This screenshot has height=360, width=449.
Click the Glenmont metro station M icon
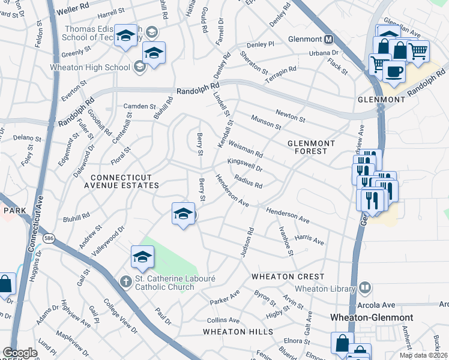tap(328, 40)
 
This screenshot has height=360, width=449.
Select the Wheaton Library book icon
tap(364, 289)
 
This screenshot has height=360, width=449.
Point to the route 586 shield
tap(47, 239)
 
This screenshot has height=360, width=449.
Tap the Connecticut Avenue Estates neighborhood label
tap(125, 181)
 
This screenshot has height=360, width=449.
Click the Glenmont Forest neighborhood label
tap(315, 147)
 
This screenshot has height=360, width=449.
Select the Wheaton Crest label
tap(288, 277)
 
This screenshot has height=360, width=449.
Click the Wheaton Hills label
tap(238, 332)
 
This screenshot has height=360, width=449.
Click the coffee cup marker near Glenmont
tap(394, 71)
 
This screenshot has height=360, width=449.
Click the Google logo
tap(20, 353)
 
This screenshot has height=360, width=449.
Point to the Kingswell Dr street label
tap(245, 166)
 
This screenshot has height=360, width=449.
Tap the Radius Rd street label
tap(249, 181)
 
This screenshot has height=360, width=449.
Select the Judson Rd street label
tap(247, 243)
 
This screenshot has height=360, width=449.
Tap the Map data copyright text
tap(423, 355)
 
